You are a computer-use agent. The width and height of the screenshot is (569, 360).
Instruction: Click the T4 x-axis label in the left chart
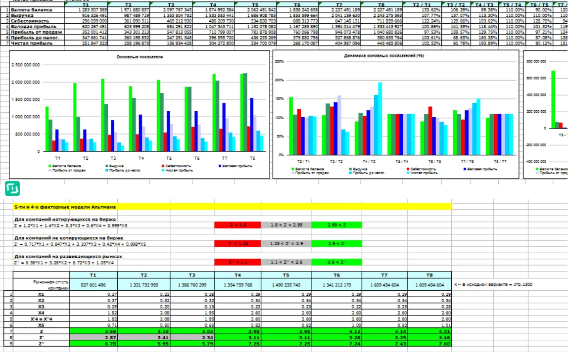click(x=141, y=158)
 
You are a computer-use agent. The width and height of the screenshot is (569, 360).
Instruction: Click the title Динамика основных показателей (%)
click(x=384, y=56)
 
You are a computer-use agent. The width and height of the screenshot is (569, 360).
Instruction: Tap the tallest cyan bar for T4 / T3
click(x=380, y=118)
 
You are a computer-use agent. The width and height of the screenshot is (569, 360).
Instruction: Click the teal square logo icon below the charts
click(x=12, y=188)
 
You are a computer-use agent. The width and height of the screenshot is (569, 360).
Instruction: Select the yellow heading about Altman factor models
click(x=233, y=206)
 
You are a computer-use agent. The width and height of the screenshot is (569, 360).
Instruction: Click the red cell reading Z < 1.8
click(x=238, y=225)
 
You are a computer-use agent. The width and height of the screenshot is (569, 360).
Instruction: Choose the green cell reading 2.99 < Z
click(x=336, y=225)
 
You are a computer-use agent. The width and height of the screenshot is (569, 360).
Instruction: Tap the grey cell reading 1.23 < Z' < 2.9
click(x=286, y=244)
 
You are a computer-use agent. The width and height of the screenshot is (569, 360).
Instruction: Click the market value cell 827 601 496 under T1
click(x=93, y=285)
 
